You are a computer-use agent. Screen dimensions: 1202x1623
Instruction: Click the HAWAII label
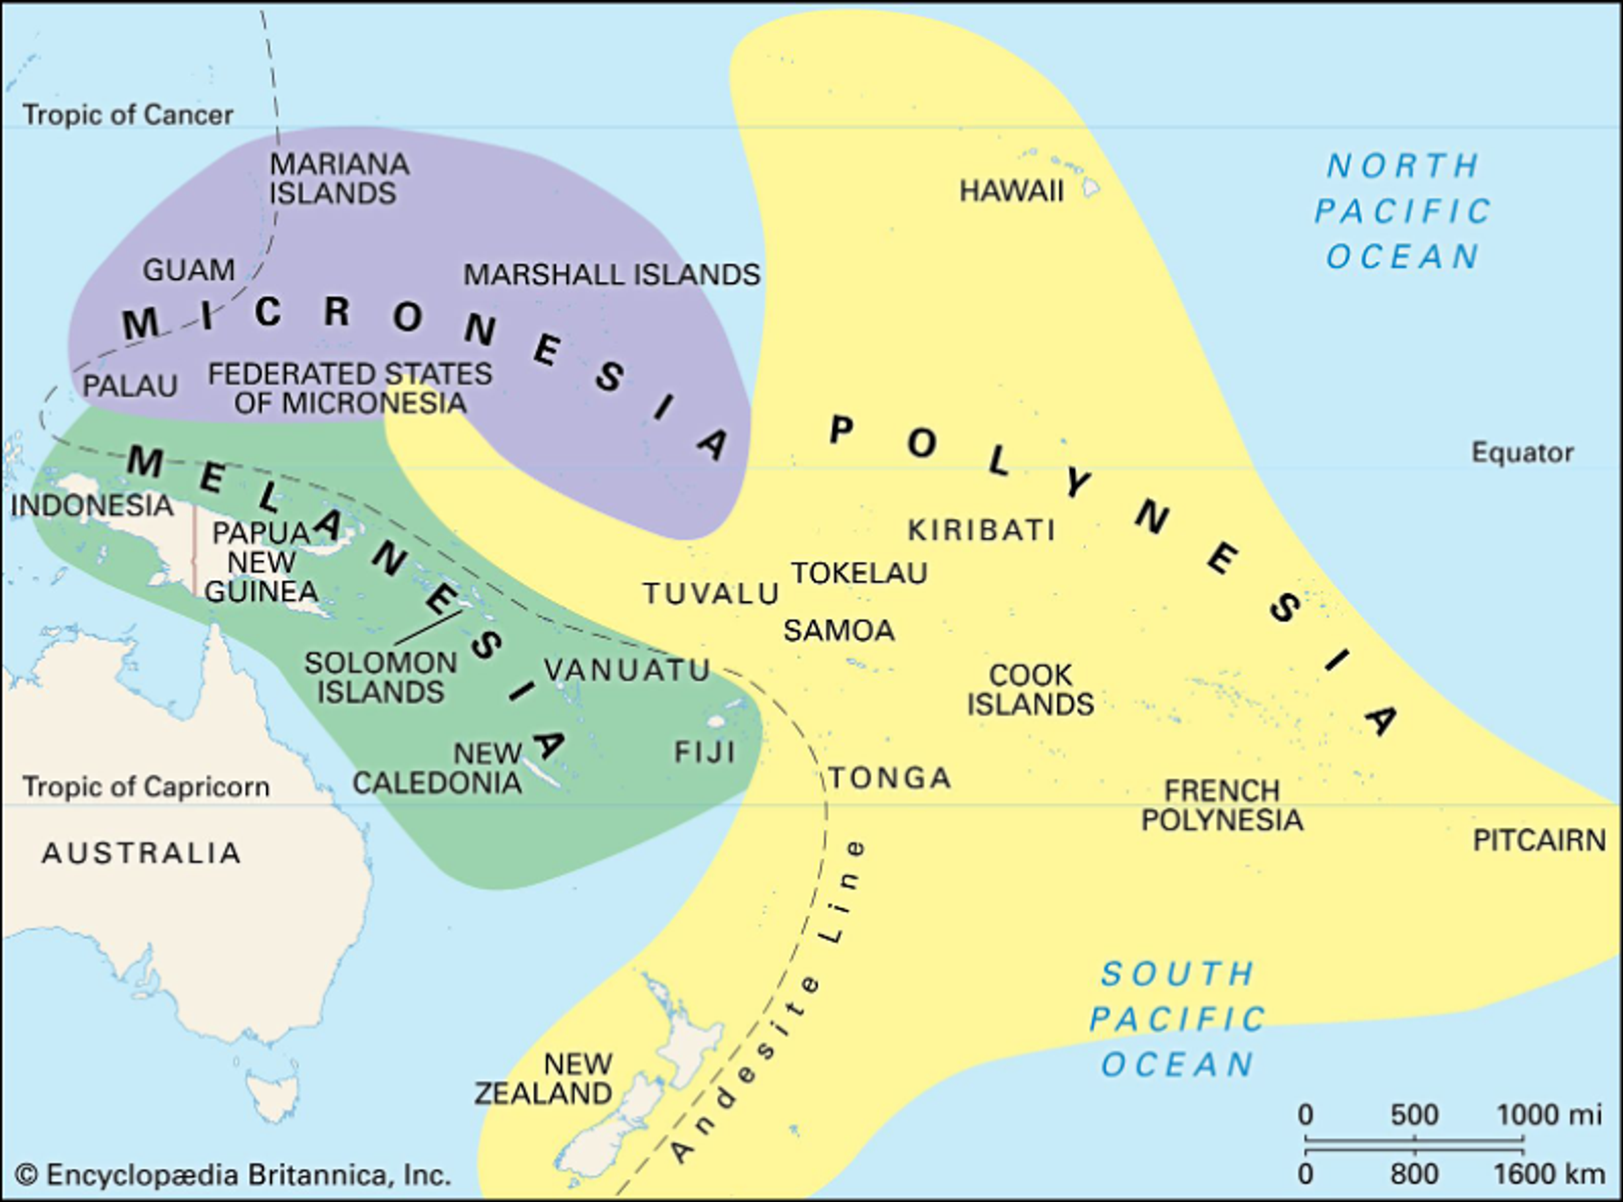click(x=1011, y=191)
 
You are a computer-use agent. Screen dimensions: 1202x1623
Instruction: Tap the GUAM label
click(x=189, y=270)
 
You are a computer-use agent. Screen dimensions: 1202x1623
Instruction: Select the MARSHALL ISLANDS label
click(x=612, y=275)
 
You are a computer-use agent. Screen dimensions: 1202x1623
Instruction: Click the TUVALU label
click(x=711, y=594)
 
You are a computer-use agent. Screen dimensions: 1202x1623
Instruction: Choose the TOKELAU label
click(x=859, y=574)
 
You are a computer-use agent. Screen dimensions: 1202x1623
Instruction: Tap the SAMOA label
click(x=838, y=630)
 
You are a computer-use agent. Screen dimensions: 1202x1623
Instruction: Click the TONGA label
click(x=890, y=778)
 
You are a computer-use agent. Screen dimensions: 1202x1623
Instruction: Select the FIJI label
click(x=704, y=751)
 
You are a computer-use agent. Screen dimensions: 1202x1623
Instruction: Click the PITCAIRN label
click(x=1538, y=840)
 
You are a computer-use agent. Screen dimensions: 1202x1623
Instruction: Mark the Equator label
click(x=1522, y=453)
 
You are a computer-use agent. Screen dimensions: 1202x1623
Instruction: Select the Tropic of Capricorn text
click(x=145, y=787)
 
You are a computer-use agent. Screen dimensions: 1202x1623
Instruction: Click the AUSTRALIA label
click(x=141, y=853)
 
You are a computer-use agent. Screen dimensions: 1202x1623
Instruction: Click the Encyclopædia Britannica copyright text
click(x=233, y=1175)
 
